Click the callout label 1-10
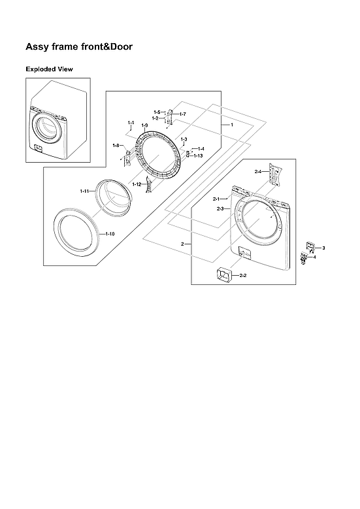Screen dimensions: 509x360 click(x=110, y=234)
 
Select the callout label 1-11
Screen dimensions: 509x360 click(x=84, y=191)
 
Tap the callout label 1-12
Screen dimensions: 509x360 click(x=137, y=185)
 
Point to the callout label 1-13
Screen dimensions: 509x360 click(x=198, y=156)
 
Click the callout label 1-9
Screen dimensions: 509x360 click(x=144, y=125)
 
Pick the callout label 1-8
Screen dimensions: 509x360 click(x=116, y=145)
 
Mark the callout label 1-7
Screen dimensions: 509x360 click(x=182, y=114)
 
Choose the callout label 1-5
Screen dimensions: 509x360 click(x=157, y=112)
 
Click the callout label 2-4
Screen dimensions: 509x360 click(x=258, y=171)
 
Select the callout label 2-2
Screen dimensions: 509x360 click(x=242, y=276)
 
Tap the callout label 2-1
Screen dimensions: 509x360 click(x=216, y=198)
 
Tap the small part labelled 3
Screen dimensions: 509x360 click(x=310, y=247)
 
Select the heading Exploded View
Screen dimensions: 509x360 click(x=49, y=69)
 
